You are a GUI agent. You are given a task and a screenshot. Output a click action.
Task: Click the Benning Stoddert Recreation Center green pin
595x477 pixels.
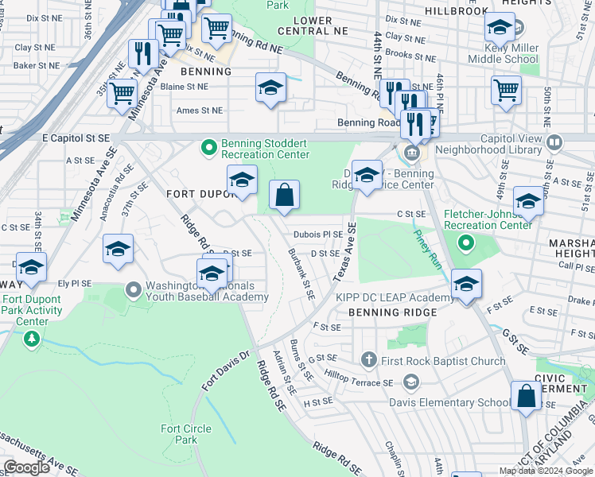click(x=209, y=147)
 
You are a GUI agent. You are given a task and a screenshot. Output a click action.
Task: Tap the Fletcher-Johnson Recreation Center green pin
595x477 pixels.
click(x=467, y=242)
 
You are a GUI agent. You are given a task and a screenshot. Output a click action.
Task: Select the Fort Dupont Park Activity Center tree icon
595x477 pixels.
click(x=32, y=339)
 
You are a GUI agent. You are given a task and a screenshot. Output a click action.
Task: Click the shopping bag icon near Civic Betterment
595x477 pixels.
click(x=527, y=396)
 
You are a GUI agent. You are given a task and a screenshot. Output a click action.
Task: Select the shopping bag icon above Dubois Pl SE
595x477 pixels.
click(x=285, y=194)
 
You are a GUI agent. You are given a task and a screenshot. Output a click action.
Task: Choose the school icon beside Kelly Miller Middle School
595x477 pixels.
click(x=499, y=29)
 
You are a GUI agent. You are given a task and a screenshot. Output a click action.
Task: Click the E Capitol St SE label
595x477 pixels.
click(x=76, y=138)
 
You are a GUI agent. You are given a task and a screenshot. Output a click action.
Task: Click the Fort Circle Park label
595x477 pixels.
click(x=186, y=434)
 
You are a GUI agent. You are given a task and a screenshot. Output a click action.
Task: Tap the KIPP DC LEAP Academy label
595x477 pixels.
click(x=384, y=297)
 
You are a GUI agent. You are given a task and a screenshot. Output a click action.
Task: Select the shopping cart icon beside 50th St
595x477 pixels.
click(x=506, y=91)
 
